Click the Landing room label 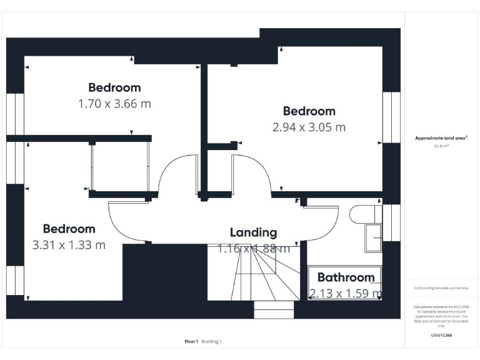click(253, 232)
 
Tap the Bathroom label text click(346, 277)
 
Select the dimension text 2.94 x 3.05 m click(309, 127)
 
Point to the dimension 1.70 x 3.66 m click(114, 103)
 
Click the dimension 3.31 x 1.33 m click(69, 245)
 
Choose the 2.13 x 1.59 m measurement click(346, 292)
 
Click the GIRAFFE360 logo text click(441, 336)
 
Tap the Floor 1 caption click(191, 341)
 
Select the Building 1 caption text click(211, 341)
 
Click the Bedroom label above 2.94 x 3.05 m click(309, 111)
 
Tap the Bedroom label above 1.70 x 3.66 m click(114, 87)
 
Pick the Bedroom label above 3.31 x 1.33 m click(69, 229)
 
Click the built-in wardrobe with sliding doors click(120, 166)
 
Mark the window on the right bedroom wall click(391, 117)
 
